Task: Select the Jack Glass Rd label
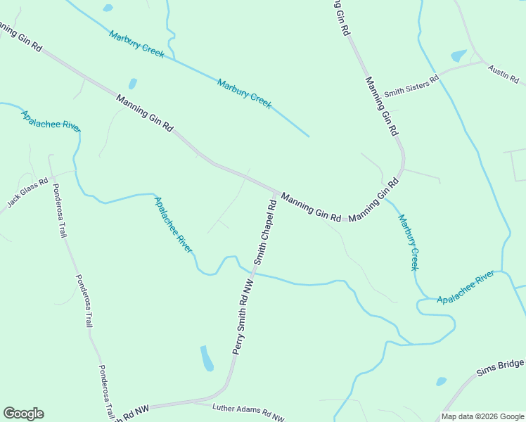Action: click(x=28, y=192)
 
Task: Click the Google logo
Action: click(x=23, y=414)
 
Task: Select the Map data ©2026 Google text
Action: click(x=482, y=416)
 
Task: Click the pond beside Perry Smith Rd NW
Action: click(x=207, y=358)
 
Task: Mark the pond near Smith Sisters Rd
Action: click(x=458, y=56)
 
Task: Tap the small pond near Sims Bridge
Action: click(x=441, y=381)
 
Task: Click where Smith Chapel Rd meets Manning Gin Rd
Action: click(x=276, y=191)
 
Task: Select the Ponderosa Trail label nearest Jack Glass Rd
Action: click(x=63, y=210)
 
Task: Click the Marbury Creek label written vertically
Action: click(x=409, y=243)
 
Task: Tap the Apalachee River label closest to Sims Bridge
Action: click(x=466, y=289)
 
